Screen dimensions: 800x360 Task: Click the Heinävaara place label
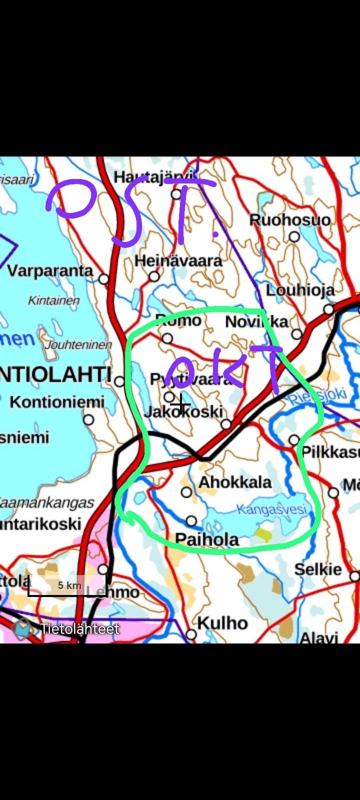click(x=178, y=261)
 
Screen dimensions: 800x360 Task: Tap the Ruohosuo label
click(x=290, y=220)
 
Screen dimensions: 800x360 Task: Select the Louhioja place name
click(x=300, y=290)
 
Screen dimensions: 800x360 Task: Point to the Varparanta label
click(x=50, y=271)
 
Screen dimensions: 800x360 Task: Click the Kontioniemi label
click(x=57, y=402)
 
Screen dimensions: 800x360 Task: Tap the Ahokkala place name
click(x=235, y=482)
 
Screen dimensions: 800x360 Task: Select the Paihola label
click(x=207, y=539)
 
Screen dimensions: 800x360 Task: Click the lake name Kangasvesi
click(x=271, y=509)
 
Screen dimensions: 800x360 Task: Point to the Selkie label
click(x=318, y=569)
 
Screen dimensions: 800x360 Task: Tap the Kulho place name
click(x=222, y=623)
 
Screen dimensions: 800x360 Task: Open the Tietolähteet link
click(x=80, y=629)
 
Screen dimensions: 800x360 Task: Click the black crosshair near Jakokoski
click(x=180, y=403)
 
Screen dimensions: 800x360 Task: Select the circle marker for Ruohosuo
click(x=294, y=236)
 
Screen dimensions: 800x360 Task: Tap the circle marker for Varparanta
click(x=103, y=279)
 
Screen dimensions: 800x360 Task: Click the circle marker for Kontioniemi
click(x=88, y=419)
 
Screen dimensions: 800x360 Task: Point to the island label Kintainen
click(x=53, y=300)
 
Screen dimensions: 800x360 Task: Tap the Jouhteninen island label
click(x=78, y=345)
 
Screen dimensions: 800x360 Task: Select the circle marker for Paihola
click(x=191, y=521)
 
